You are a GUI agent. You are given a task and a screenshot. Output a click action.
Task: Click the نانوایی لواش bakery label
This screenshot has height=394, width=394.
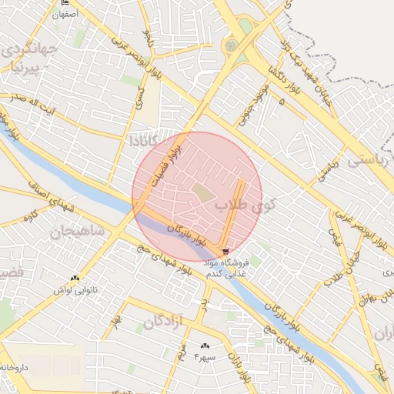click(x=75, y=290)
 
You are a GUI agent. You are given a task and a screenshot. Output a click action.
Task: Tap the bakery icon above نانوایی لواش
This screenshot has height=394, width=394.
click(x=75, y=279)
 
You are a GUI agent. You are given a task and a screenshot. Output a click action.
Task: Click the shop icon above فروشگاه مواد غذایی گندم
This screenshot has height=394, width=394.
click(x=224, y=251)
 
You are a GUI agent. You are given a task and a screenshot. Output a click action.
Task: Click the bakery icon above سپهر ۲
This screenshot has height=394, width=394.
click(x=205, y=346)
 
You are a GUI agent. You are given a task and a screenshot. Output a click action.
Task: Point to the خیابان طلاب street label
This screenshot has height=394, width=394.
click(x=360, y=269)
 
